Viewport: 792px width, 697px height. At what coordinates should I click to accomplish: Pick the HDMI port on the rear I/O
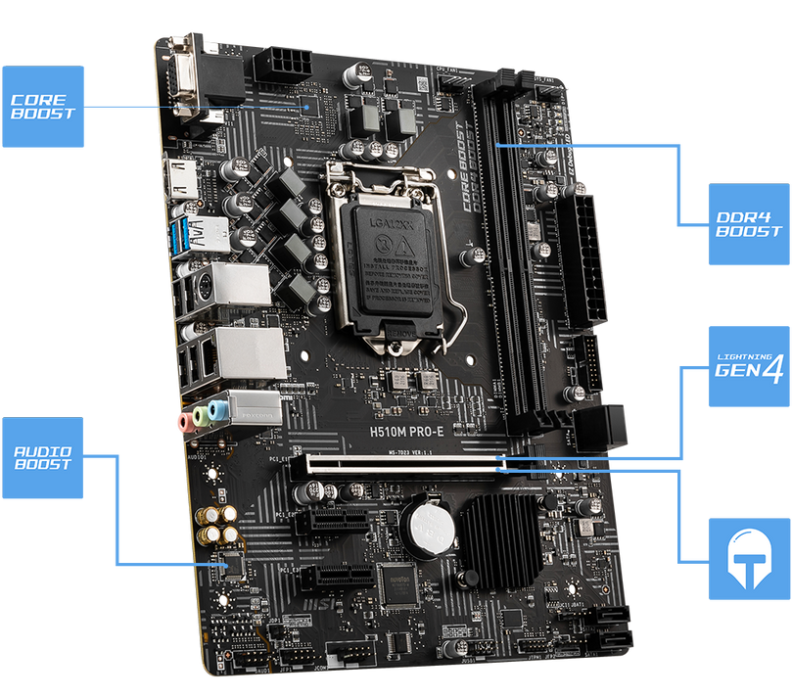(x=183, y=182)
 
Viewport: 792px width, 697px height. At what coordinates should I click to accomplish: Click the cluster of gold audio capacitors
(x=217, y=524)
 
